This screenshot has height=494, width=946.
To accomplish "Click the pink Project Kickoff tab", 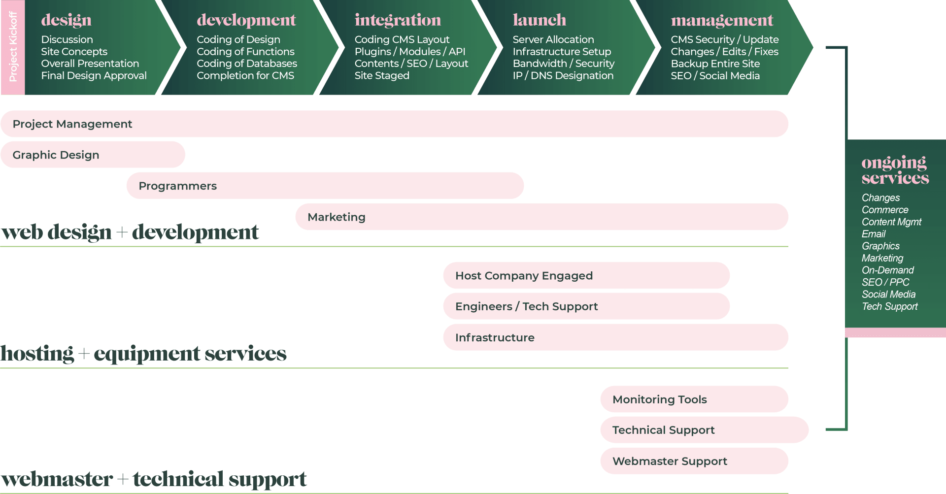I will (x=13, y=47).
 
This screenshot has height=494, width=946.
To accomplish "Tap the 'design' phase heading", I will (x=66, y=20).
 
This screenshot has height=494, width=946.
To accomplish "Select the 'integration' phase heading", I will (x=398, y=20).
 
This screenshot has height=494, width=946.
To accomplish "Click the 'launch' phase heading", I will (x=539, y=20).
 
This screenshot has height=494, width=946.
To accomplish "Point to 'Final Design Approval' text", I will (x=94, y=76).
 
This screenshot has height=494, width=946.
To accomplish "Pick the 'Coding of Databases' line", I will (x=246, y=64).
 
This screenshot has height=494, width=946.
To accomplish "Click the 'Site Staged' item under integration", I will (x=382, y=76).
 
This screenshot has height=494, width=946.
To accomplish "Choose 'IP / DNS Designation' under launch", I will (x=563, y=76).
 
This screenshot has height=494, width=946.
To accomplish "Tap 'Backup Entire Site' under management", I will (x=715, y=64).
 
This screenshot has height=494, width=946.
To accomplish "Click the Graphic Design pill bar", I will (x=93, y=155).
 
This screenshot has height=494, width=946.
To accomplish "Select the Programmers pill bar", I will (x=325, y=186).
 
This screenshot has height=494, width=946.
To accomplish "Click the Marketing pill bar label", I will (x=337, y=217).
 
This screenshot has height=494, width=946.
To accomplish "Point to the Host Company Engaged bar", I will (x=586, y=276).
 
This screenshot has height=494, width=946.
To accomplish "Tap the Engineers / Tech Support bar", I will (x=586, y=306).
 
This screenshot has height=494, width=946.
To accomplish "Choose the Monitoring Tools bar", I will (x=694, y=399).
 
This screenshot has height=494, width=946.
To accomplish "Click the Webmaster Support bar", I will (x=694, y=461).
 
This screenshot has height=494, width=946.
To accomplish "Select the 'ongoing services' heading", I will (x=895, y=170).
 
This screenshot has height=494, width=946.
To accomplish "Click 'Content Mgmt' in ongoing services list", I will (x=891, y=222).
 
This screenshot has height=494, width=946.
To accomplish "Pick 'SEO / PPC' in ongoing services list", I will (x=885, y=282).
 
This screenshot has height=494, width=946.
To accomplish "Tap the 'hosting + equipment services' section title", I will (x=143, y=354).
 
